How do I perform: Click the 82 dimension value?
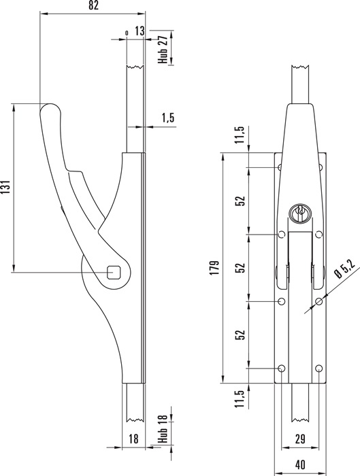[x=93, y=5]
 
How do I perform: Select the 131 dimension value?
[x=5, y=187]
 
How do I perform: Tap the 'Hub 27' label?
[x=163, y=50]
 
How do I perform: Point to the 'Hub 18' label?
[x=163, y=428]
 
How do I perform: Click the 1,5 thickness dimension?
[x=168, y=118]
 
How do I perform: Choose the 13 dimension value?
[x=140, y=31]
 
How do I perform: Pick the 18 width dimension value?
[x=133, y=439]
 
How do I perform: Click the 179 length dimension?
[x=214, y=268]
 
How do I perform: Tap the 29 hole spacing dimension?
[x=300, y=439]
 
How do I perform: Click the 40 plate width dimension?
[x=300, y=464]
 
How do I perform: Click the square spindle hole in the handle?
[x=114, y=272]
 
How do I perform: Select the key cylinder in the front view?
[x=299, y=213]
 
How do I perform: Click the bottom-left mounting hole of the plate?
[x=282, y=369]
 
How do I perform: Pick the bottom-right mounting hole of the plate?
[x=318, y=369]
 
